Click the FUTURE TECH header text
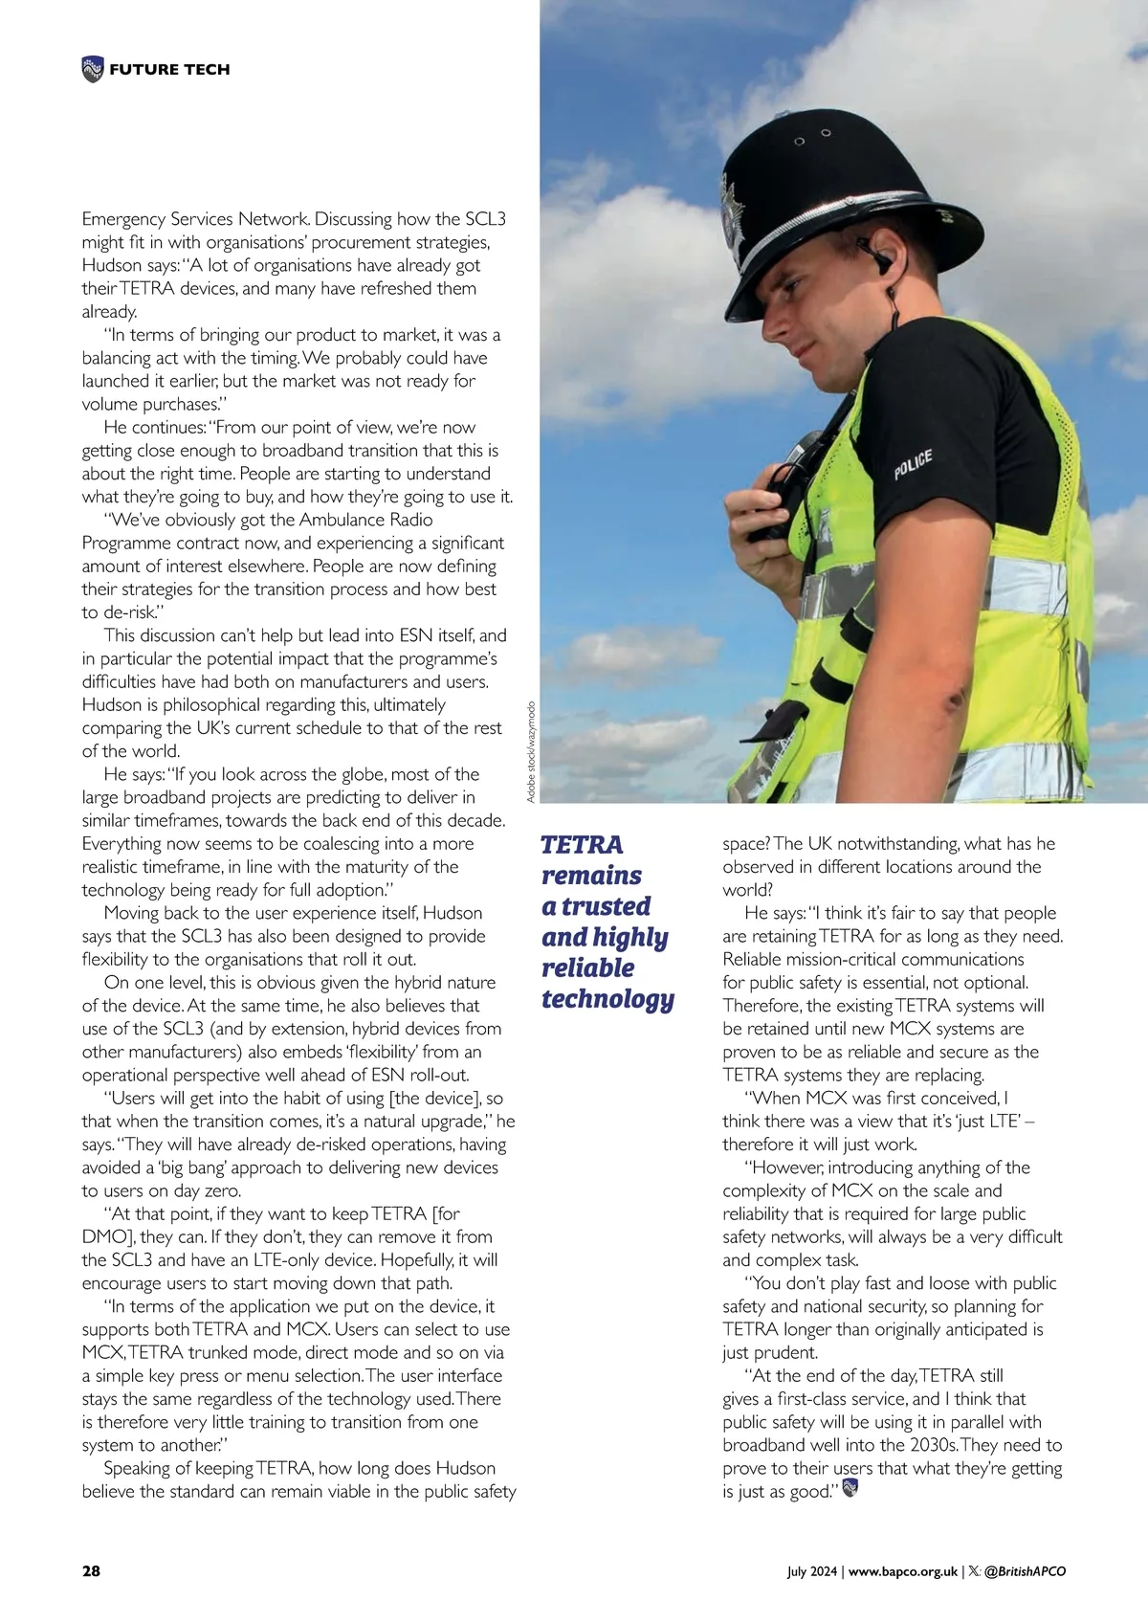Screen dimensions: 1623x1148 point(169,69)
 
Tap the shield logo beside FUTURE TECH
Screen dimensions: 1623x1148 point(93,69)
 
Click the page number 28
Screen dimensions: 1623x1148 point(91,1570)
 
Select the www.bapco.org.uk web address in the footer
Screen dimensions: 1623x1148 point(903,1571)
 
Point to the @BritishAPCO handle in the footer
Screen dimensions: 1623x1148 point(1025,1571)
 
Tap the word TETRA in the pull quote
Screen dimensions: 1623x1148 point(582,845)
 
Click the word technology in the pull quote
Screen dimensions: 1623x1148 point(607,999)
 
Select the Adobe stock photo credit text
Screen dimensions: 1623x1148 point(532,752)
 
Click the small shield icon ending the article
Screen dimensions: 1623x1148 point(850,1488)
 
